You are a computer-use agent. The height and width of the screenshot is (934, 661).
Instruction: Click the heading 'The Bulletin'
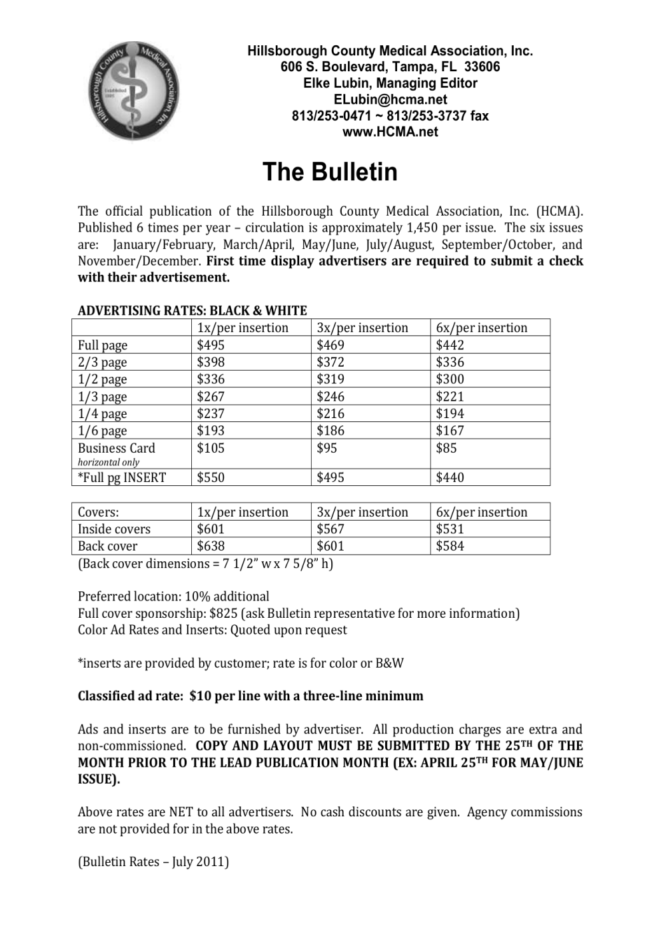pos(330,172)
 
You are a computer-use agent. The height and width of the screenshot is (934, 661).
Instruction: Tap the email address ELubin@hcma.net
pos(390,99)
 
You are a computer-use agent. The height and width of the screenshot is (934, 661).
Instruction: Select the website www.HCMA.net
pos(390,132)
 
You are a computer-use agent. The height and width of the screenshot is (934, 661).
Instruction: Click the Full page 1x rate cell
pos(211,345)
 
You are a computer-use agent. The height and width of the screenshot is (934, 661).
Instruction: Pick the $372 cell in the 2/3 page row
pos(330,362)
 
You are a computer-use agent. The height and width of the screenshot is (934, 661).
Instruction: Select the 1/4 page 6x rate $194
pos(450,413)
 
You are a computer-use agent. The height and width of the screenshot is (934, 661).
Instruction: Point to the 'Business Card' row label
pos(116,448)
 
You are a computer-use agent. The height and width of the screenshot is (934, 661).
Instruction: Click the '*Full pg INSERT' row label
pos(121,477)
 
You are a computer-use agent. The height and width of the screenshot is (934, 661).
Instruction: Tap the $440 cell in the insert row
pos(450,477)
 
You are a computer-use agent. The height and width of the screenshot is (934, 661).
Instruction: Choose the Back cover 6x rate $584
pos(450,546)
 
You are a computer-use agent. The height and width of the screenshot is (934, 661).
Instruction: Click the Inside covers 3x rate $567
pos(330,529)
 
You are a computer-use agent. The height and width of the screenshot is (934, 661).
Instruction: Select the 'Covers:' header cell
pos(98,512)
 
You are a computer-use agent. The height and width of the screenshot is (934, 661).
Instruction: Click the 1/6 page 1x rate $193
pos(211,431)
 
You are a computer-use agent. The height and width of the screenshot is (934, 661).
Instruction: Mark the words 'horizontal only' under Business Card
pos(109,462)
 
